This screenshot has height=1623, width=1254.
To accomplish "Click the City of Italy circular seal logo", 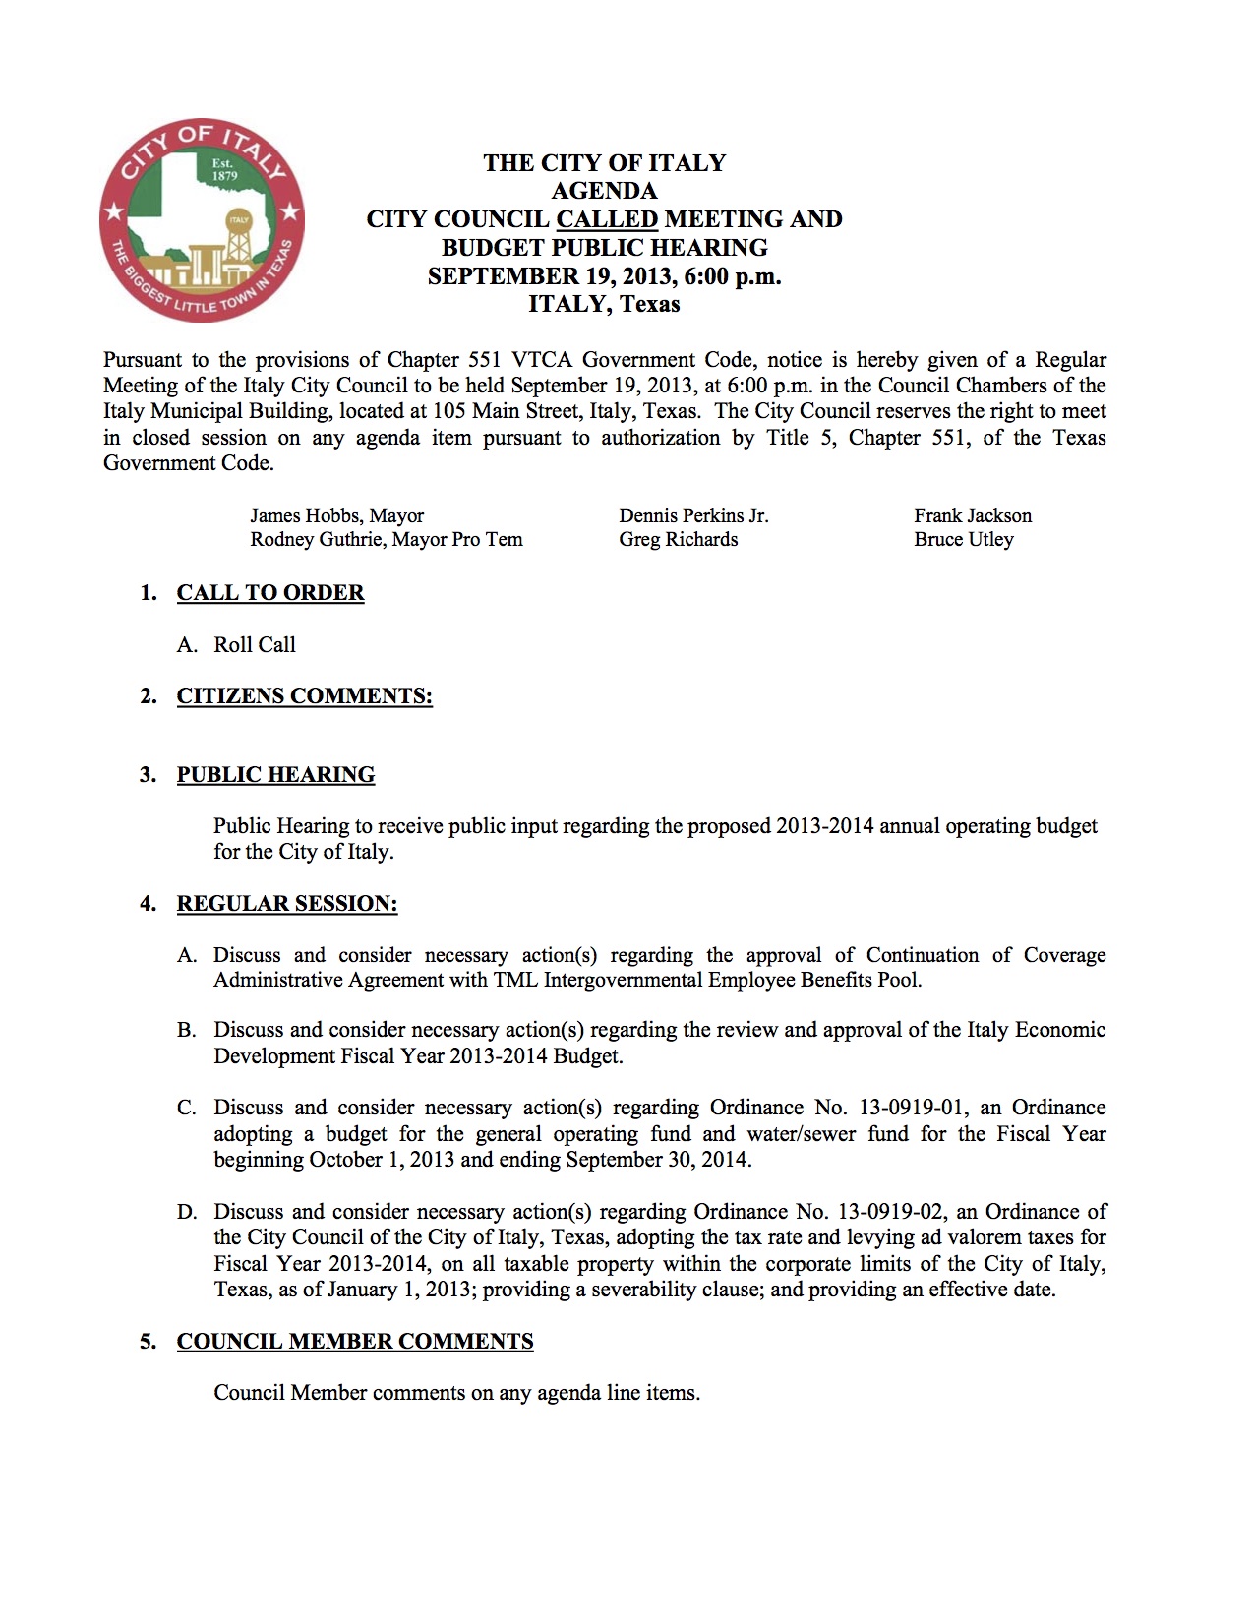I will (x=202, y=220).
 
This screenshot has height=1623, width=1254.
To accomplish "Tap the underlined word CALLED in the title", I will (x=607, y=219).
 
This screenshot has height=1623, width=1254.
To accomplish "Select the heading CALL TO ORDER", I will (x=270, y=593).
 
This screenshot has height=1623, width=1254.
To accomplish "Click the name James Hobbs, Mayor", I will (x=336, y=516).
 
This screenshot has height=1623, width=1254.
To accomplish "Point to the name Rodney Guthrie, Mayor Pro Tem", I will (x=387, y=540).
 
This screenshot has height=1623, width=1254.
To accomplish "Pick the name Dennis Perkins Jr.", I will (x=693, y=516).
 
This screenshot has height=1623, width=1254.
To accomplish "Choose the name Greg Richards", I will (x=678, y=540).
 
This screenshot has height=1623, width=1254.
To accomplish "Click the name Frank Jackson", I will (x=973, y=516).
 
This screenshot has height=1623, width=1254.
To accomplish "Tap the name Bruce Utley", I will (x=963, y=540).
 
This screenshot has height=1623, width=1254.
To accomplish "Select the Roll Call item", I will (x=255, y=645).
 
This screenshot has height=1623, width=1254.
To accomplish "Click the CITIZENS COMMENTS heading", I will (x=305, y=696).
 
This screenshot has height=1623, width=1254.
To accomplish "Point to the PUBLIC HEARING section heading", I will (x=275, y=775).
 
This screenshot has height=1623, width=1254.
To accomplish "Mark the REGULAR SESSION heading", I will (x=287, y=904).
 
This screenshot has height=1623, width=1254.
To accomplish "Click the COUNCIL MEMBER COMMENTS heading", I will (x=355, y=1342).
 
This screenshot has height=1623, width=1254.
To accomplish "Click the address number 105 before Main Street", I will (x=449, y=412).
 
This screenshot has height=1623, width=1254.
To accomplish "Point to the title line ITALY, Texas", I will (x=604, y=304).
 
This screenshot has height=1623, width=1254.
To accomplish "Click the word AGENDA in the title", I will (x=604, y=191).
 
